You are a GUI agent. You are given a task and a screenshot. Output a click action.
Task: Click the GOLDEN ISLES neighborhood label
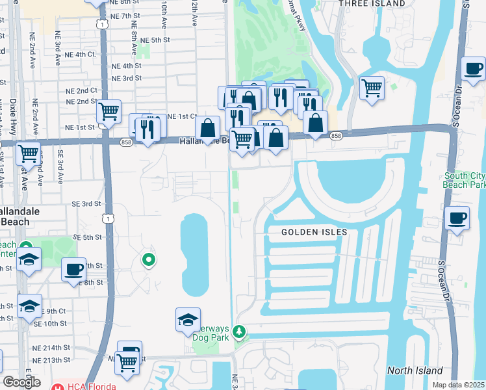tap(314, 232)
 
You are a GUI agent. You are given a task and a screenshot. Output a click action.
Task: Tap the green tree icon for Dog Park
tap(240, 332)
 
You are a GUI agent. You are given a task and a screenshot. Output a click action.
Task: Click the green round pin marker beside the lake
tap(149, 261)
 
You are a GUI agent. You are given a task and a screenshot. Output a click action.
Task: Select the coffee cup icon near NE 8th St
tap(74, 268)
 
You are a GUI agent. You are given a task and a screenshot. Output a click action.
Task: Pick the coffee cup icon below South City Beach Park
tap(457, 218)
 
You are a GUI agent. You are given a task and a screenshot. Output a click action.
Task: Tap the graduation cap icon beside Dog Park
tap(188, 319)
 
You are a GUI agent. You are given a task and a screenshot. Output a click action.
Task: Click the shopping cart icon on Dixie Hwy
tap(29, 153)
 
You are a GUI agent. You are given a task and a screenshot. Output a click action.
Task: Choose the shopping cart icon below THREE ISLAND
tap(371, 87)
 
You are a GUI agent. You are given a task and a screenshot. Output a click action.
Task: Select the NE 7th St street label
tap(125, 15)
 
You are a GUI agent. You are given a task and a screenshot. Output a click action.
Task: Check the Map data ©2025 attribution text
tap(459, 385)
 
